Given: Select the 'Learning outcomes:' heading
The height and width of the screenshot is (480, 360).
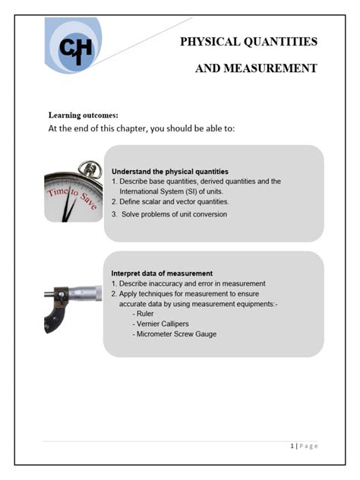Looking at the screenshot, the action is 83,115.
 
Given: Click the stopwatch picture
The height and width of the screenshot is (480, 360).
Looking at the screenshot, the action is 74,191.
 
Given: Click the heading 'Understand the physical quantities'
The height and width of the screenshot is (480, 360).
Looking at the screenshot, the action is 169,172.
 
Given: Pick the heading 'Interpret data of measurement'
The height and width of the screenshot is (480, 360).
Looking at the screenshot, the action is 162,273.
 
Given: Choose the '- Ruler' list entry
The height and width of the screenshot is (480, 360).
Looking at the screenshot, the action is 143,313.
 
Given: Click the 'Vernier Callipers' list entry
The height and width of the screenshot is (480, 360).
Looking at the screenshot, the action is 165,324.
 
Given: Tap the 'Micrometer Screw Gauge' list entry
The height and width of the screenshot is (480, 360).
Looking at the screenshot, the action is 174,334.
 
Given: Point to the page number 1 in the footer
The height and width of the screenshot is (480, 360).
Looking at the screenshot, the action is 292,446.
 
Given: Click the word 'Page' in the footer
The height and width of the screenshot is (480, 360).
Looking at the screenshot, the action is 308,446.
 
